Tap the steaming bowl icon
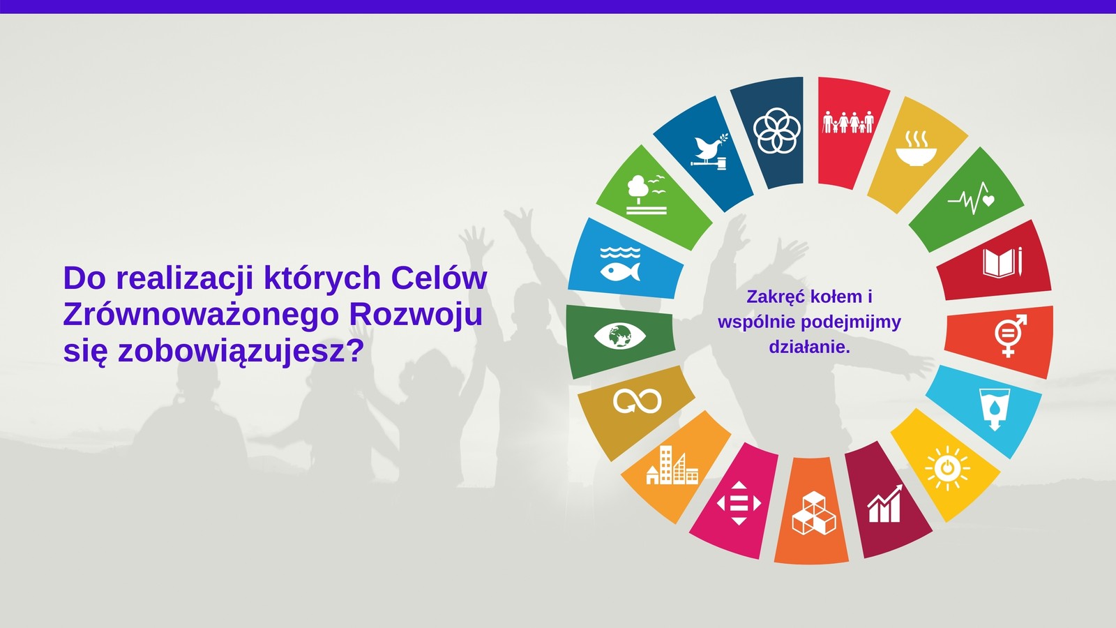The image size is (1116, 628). tap(917, 148)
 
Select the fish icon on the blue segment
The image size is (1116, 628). tap(620, 264)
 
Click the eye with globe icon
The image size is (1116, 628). tap(620, 336)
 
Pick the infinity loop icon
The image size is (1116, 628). tap(638, 401)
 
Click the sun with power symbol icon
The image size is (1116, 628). tap(948, 468)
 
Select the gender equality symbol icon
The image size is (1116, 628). tap(1011, 336)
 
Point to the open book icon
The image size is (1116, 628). tap(1002, 262)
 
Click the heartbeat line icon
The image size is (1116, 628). tap(971, 198)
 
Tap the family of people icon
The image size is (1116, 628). tap(848, 122)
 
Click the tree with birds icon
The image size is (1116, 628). tap(646, 195)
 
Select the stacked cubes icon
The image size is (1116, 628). tap(813, 513)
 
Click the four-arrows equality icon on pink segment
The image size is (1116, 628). tap(739, 503)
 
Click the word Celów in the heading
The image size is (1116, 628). tap(439, 278)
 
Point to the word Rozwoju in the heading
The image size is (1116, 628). tap(416, 315)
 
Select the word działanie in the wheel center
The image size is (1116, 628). tap(809, 347)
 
